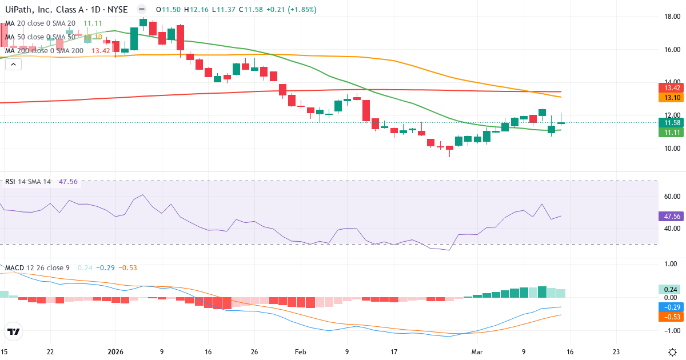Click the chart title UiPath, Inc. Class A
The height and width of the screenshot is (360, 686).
39,10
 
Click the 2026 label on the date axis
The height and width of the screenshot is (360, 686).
115,351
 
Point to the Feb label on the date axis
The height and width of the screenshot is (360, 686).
300,351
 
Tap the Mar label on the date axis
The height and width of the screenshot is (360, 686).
478,351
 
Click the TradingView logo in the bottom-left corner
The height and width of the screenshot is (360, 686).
14,331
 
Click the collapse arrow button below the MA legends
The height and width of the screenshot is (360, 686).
13,65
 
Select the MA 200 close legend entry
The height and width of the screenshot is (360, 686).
45,51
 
